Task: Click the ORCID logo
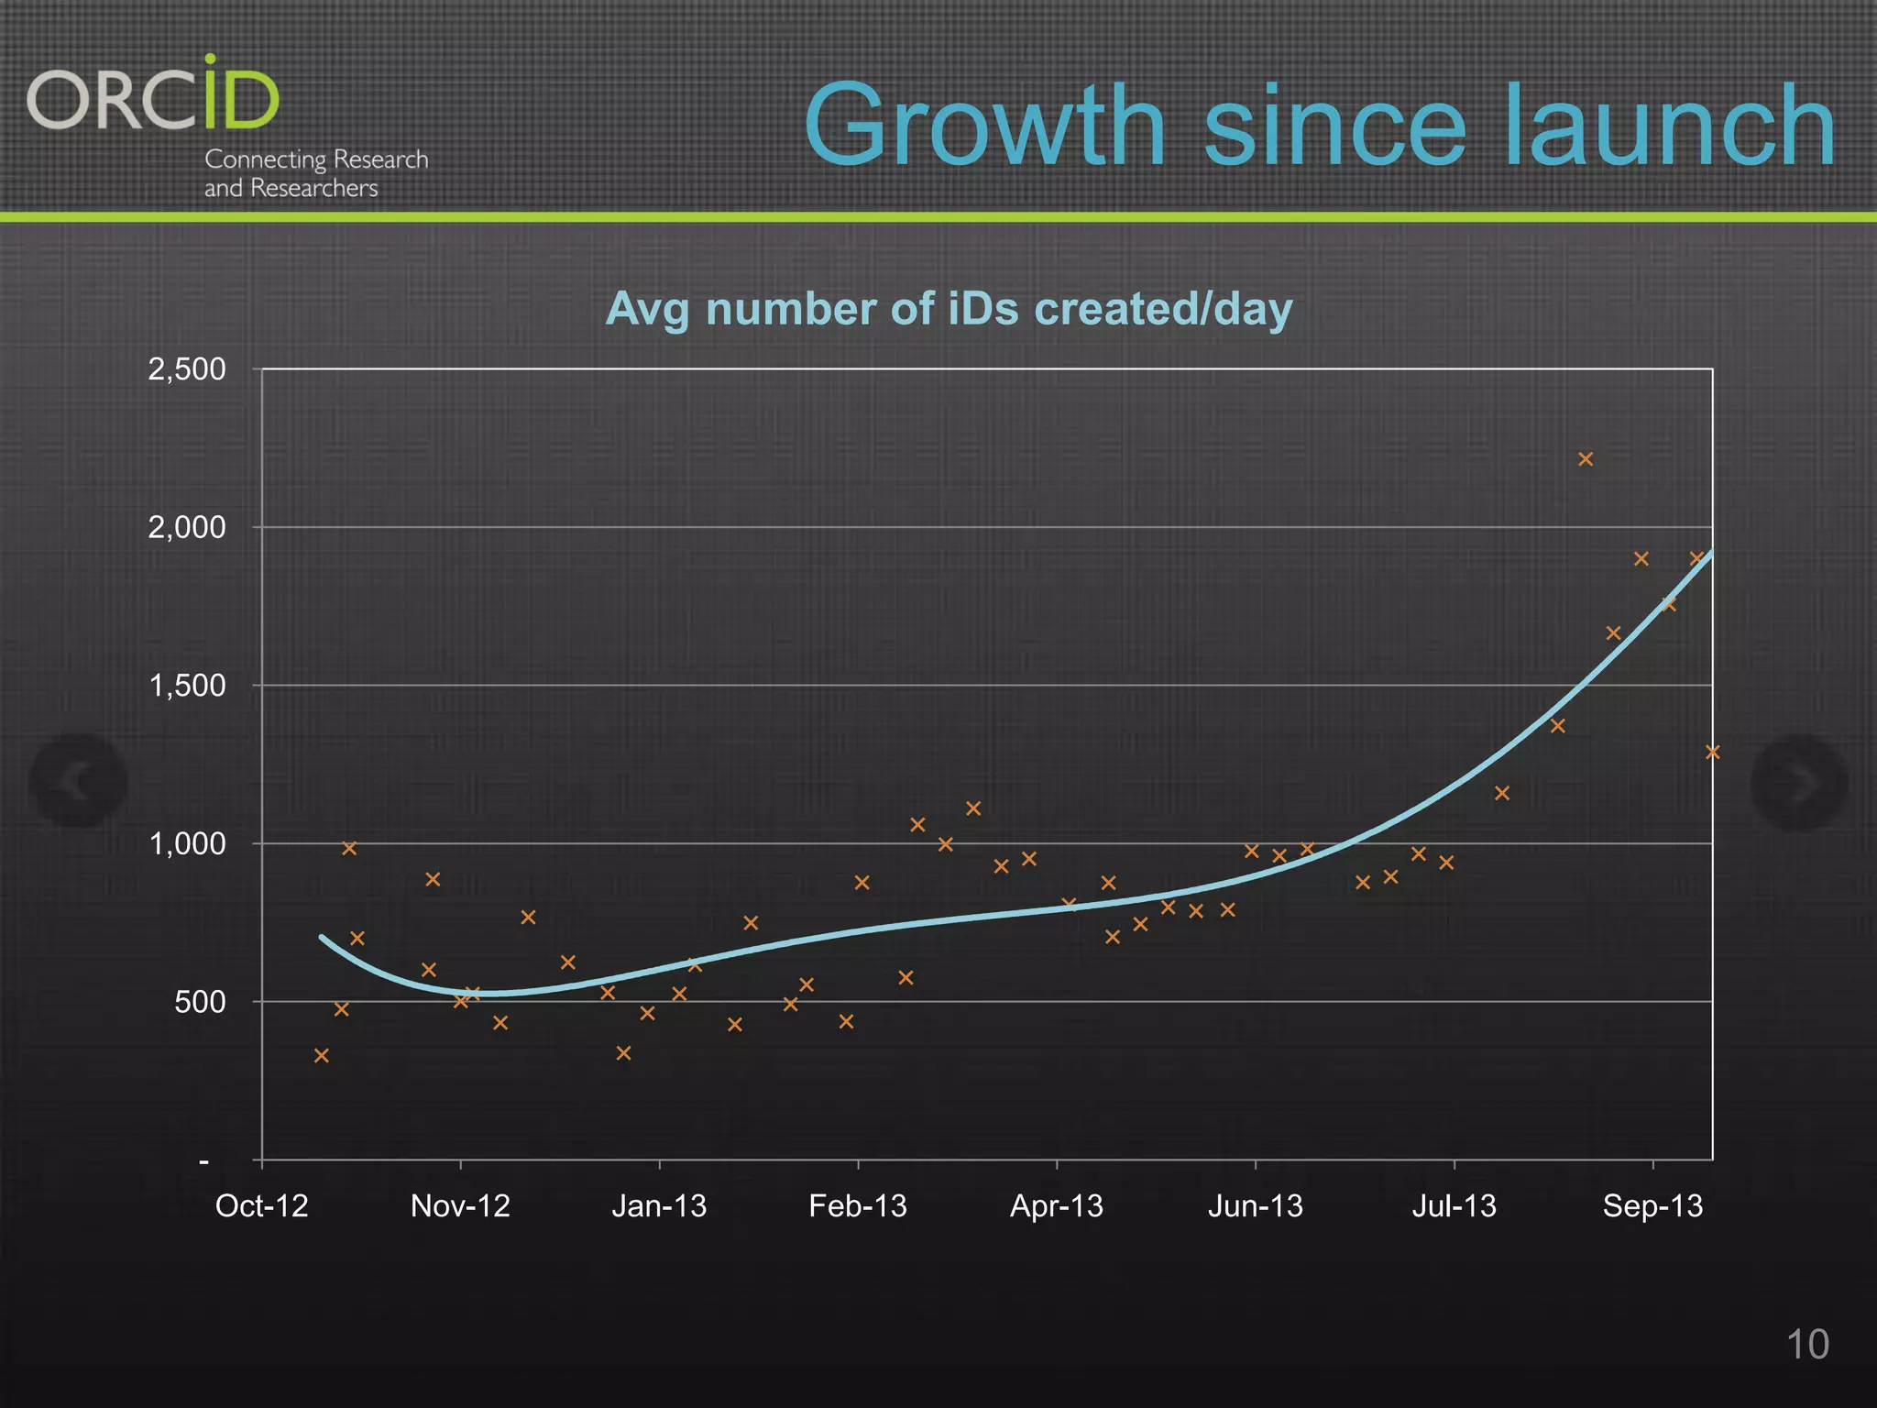point(153,95)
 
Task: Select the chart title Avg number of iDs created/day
point(949,309)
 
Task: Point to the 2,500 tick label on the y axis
point(187,369)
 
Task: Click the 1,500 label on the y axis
point(187,686)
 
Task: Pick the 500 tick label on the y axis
point(200,1002)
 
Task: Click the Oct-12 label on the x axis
point(261,1205)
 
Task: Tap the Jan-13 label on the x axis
point(659,1205)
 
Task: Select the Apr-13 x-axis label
point(1056,1205)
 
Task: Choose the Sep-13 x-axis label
point(1652,1205)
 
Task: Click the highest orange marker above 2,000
point(1586,459)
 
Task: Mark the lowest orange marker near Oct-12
point(322,1056)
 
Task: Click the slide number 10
point(1807,1345)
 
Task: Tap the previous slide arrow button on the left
point(78,781)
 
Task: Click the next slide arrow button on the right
point(1799,781)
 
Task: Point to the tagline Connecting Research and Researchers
point(315,173)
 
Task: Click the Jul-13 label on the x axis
point(1454,1205)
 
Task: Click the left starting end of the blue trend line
point(322,937)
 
